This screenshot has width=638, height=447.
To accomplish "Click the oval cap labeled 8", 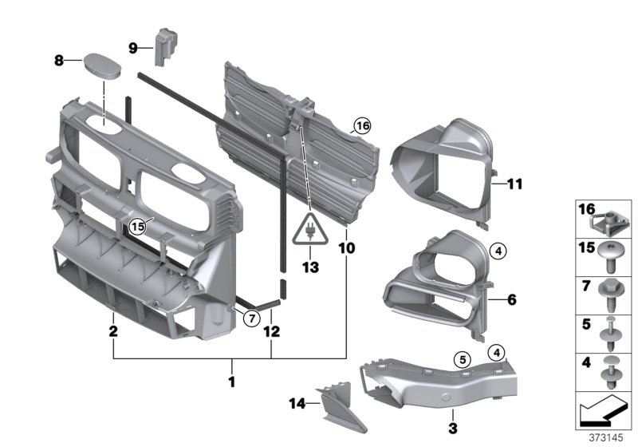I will [x=103, y=66].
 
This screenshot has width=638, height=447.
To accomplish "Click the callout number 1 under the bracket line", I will [x=232, y=382].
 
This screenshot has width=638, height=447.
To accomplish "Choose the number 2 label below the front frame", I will [x=114, y=330].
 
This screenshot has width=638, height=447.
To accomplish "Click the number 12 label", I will [x=272, y=330].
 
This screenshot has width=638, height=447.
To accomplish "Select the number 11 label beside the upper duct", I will [x=514, y=184].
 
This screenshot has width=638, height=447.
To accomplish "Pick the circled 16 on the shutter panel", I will [x=363, y=125].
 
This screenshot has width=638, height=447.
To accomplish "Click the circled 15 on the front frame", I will [x=139, y=227].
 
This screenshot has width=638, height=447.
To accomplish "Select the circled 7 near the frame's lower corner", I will [x=250, y=318].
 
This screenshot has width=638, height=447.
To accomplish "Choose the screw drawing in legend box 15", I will [x=615, y=253].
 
